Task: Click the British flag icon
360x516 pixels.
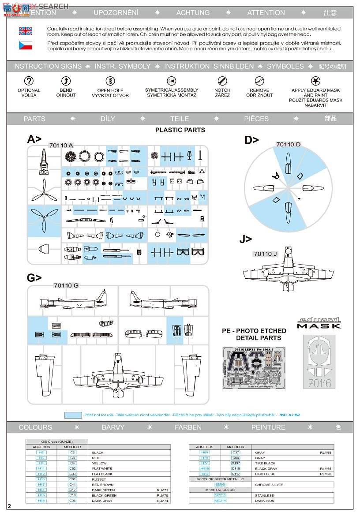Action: (x=25, y=31)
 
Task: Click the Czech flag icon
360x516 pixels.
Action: (x=25, y=45)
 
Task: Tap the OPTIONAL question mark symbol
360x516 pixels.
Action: (x=29, y=81)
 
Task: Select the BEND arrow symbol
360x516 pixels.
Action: (x=66, y=81)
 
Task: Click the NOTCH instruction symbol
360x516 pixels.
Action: (x=222, y=81)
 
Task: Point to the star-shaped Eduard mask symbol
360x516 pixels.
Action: (x=315, y=81)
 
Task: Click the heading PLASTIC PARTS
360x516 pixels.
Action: (x=180, y=130)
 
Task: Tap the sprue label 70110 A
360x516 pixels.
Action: (x=61, y=145)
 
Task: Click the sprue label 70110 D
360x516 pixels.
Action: (x=288, y=145)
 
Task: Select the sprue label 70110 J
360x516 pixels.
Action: (x=265, y=254)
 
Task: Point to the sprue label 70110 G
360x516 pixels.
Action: (x=66, y=285)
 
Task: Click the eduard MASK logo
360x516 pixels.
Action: (x=319, y=323)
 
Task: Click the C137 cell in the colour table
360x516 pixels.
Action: (x=236, y=463)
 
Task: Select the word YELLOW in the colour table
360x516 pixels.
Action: (x=99, y=463)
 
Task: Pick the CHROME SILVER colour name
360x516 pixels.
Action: (x=269, y=485)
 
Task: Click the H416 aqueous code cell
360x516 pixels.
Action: (x=204, y=468)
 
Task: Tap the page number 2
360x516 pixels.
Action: (x=9, y=505)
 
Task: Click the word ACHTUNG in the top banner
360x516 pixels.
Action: (x=193, y=13)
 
